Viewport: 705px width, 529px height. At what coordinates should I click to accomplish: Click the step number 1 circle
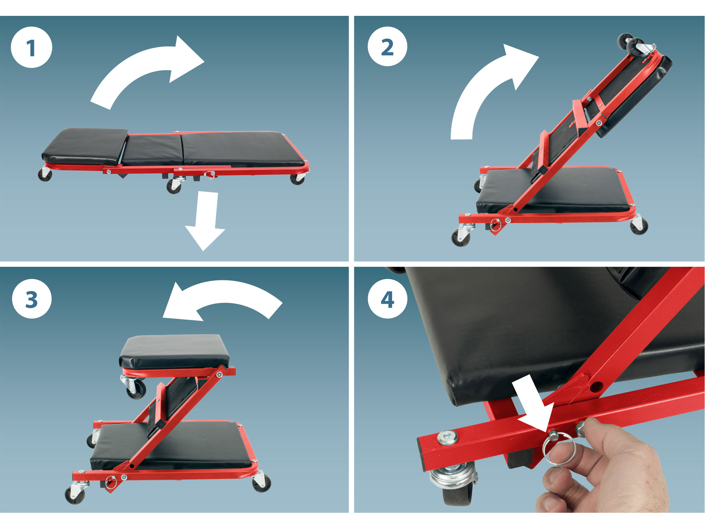pos(31,47)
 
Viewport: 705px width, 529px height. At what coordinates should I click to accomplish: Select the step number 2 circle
pos(387,46)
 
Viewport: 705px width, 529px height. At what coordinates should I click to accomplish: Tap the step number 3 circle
pos(32,299)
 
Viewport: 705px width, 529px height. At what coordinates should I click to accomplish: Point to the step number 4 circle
pos(387,299)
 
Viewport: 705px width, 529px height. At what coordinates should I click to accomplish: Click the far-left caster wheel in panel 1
pos(45,174)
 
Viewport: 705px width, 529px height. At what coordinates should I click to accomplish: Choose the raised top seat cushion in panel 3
pos(174,351)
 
